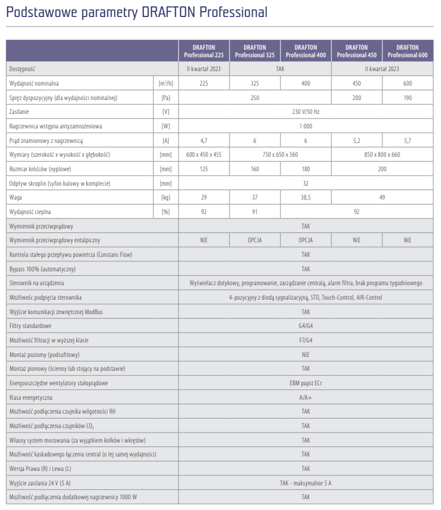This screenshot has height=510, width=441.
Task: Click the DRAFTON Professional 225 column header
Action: click(x=204, y=51)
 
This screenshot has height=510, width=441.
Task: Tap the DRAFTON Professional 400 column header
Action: click(x=306, y=51)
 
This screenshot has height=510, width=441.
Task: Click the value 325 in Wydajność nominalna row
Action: click(x=255, y=83)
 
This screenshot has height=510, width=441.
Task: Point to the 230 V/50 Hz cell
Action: click(x=306, y=112)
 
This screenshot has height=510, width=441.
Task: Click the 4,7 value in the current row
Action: click(x=204, y=140)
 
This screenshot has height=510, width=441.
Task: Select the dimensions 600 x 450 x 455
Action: click(x=204, y=155)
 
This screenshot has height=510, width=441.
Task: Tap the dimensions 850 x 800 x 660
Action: click(x=382, y=155)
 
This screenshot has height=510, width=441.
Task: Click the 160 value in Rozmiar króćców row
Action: click(x=255, y=169)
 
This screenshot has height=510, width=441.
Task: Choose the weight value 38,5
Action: click(x=306, y=198)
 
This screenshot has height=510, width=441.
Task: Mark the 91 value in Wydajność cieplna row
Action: click(x=255, y=212)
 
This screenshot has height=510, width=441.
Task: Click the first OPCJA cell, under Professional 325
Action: click(x=255, y=241)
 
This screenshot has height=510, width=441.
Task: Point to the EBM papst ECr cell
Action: click(x=306, y=383)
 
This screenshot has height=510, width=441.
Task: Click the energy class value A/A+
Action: click(x=306, y=397)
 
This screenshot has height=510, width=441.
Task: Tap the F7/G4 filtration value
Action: click(x=306, y=340)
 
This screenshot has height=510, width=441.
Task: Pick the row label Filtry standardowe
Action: click(x=31, y=326)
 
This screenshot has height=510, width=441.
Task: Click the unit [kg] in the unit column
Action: click(x=166, y=198)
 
